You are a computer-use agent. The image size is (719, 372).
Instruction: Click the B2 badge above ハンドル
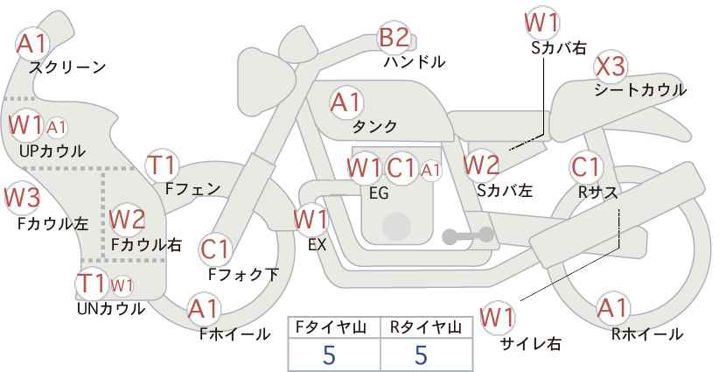click(x=394, y=38)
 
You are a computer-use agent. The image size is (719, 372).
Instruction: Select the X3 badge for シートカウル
click(x=610, y=67)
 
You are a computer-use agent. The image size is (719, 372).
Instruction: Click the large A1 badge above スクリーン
click(x=32, y=42)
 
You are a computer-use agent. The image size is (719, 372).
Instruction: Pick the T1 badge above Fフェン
click(x=162, y=164)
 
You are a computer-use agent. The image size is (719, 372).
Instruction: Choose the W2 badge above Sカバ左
click(x=481, y=164)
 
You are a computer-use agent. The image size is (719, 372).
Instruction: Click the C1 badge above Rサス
click(x=585, y=166)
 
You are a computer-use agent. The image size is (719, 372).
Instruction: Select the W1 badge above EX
click(x=311, y=219)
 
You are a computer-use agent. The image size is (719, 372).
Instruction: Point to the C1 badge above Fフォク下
click(x=214, y=249)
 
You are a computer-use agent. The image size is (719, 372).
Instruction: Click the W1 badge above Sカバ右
click(x=542, y=21)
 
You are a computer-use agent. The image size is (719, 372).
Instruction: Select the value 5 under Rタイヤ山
click(x=420, y=354)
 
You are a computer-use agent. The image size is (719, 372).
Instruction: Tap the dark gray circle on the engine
click(x=397, y=226)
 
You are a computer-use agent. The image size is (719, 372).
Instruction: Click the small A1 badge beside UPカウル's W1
click(x=57, y=128)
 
